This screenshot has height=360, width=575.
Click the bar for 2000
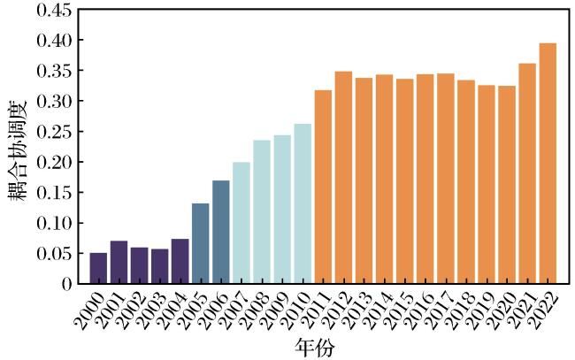(98, 268)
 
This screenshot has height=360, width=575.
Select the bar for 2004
(180, 261)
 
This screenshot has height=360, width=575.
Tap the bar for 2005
(201, 243)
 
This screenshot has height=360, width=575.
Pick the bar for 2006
(221, 232)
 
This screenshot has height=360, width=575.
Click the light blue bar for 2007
(241, 223)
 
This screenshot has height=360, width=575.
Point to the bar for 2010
(303, 203)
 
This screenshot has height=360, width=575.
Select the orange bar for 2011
(323, 187)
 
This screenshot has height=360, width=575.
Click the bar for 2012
(343, 178)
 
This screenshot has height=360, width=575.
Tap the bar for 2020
(507, 184)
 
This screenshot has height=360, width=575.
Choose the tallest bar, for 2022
(548, 163)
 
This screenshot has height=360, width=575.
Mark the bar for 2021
(527, 173)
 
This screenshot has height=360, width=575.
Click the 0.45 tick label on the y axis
(54, 10)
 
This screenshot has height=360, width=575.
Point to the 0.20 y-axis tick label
(54, 162)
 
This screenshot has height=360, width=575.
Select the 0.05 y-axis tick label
(54, 253)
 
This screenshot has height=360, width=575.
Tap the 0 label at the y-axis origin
(67, 284)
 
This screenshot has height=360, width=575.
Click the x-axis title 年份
(315, 347)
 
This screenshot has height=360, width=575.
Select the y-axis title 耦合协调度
(18, 150)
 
